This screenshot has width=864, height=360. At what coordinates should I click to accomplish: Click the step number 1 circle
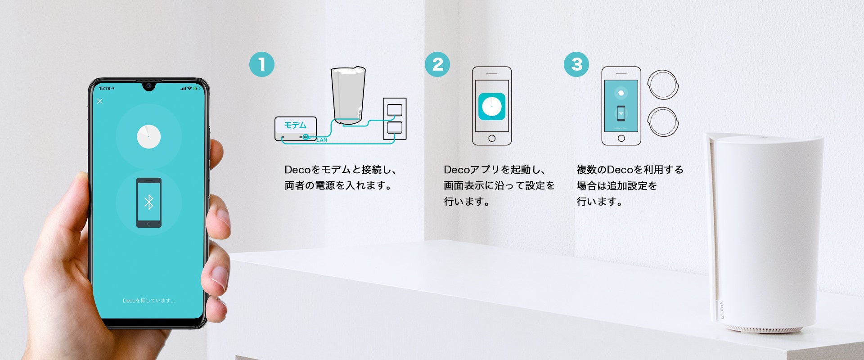pos(262,64)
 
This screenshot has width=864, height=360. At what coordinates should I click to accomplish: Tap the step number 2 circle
pos(437,64)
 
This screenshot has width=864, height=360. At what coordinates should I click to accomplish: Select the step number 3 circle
pos(576,64)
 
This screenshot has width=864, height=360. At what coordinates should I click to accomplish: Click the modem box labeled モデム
pos(296,129)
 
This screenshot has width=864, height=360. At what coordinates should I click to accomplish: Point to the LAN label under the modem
pos(322,140)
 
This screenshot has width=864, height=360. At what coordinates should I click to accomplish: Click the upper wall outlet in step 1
pos(395,109)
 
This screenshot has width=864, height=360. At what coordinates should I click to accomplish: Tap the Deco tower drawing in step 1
pos(347,95)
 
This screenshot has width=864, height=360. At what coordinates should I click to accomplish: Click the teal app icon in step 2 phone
pos(491,107)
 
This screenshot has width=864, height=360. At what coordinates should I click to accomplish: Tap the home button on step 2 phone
pos(492,139)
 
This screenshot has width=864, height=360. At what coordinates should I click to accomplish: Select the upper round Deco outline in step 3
pos(662,85)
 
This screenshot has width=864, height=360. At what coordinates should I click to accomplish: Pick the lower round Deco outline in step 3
pos(662,121)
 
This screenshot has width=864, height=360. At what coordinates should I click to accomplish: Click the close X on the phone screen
pos(100,101)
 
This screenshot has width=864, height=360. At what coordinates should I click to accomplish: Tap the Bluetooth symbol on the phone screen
pos(148,202)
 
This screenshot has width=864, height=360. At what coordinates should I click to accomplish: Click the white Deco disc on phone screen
pos(148,136)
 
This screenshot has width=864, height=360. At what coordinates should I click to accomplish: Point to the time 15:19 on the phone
pos(105,88)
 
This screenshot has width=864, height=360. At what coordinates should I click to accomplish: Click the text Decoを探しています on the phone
pos(148,301)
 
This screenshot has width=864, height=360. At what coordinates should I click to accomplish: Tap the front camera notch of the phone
pos(148,85)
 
